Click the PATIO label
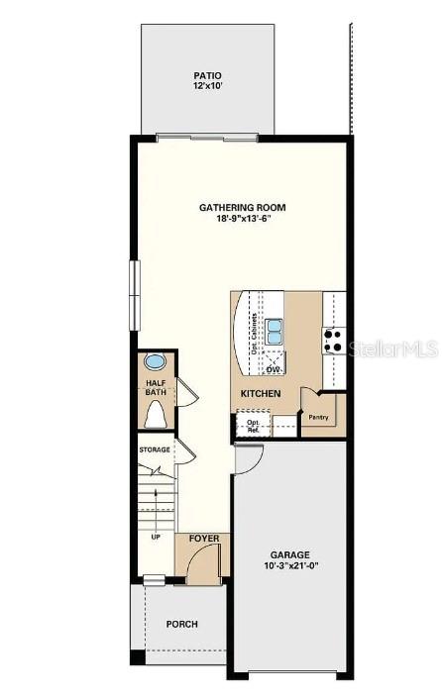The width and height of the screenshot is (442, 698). pyautogui.click(x=207, y=75)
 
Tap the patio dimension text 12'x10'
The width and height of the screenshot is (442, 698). pyautogui.click(x=207, y=87)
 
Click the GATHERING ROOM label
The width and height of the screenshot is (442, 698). pyautogui.click(x=243, y=208)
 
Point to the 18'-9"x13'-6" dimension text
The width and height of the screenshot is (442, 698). pyautogui.click(x=243, y=220)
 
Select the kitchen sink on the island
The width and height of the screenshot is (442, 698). pyautogui.click(x=273, y=332)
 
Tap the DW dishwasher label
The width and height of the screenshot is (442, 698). pyautogui.click(x=273, y=369)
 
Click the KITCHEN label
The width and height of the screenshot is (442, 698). pyautogui.click(x=261, y=394)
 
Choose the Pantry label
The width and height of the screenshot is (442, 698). pyautogui.click(x=318, y=417)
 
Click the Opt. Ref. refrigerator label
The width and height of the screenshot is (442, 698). pyautogui.click(x=254, y=426)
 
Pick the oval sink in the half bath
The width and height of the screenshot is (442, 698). pyautogui.click(x=156, y=360)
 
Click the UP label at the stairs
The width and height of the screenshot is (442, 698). pyautogui.click(x=156, y=538)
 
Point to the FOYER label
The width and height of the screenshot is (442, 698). pyautogui.click(x=204, y=540)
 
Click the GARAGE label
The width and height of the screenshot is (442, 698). pyautogui.click(x=290, y=554)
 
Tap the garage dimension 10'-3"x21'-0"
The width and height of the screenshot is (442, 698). pyautogui.click(x=290, y=566)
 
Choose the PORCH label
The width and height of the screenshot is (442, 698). pyautogui.click(x=182, y=625)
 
